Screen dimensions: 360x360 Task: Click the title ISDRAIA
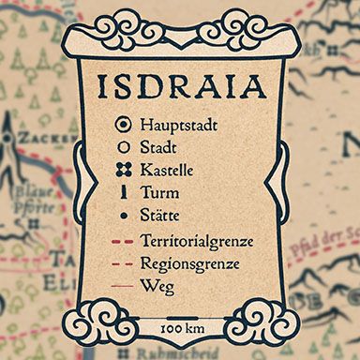[180, 86]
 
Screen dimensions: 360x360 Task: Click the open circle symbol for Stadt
[121, 146]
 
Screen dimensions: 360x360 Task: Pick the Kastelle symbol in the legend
[121, 170]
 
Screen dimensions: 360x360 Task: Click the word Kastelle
[167, 171]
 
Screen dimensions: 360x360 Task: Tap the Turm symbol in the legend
[121, 193]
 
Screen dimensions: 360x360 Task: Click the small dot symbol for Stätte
[121, 217]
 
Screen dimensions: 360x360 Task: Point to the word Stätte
[159, 217]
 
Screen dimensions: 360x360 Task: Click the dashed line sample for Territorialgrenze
[119, 242]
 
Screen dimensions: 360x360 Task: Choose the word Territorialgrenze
[197, 242]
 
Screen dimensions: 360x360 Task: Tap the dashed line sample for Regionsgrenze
[119, 264]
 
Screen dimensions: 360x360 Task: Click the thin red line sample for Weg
[119, 286]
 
